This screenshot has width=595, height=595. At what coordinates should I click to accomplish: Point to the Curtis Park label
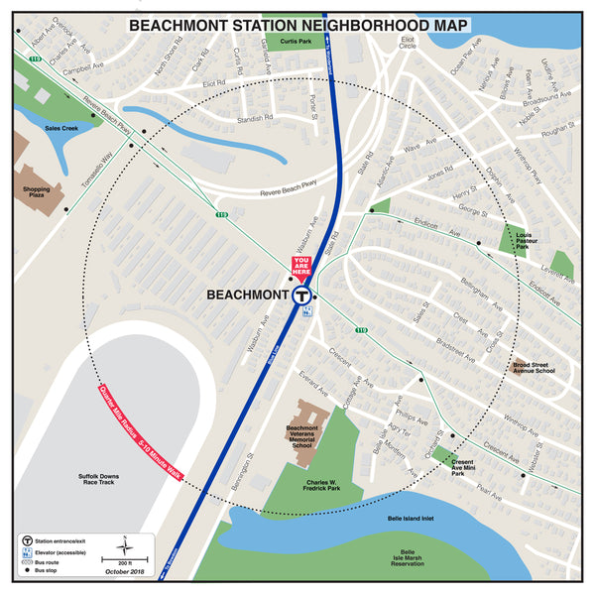pyautogui.click(x=296, y=42)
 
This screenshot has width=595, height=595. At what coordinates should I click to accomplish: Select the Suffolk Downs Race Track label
pyautogui.click(x=105, y=481)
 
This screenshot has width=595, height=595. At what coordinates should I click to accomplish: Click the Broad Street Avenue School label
pyautogui.click(x=533, y=368)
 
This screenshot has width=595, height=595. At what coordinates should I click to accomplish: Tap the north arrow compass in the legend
pyautogui.click(x=127, y=544)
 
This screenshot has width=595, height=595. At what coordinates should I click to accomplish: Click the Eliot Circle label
pyautogui.click(x=407, y=44)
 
